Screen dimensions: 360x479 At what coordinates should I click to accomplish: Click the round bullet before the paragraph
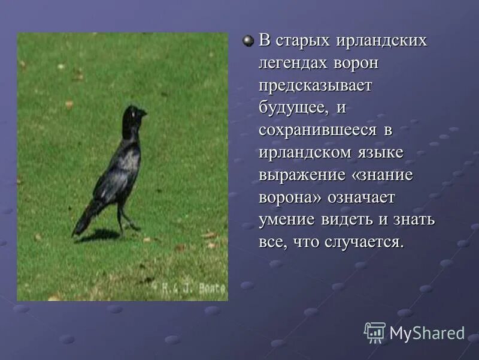point(248,41)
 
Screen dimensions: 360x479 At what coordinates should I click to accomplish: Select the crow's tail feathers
point(83,221)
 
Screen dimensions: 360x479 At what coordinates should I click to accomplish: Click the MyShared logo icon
point(375,332)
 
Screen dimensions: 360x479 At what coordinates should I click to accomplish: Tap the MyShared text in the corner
point(427,333)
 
